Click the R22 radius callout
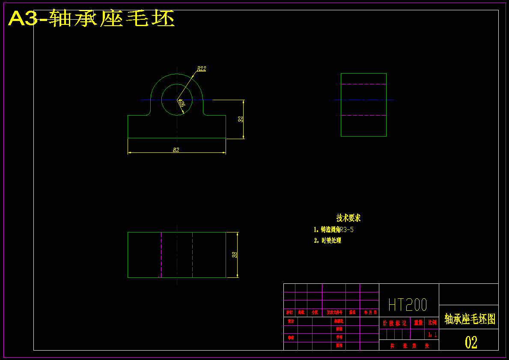tap(201, 68)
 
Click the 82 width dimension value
tap(176, 150)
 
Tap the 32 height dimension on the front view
tap(241, 119)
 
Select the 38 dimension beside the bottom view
tap(235, 255)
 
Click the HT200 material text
tap(408, 305)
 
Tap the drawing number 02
tap(471, 342)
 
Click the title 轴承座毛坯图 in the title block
tap(470, 319)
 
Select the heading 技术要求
tap(348, 218)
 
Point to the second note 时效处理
tap(331, 241)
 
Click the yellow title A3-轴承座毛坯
tap(92, 19)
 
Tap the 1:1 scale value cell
tap(432, 334)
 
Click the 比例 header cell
tap(432, 323)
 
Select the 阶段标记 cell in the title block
tap(395, 323)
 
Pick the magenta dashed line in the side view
tap(363, 84)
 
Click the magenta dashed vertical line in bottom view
tap(161, 255)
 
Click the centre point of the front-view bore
tap(177, 100)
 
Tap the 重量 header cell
tap(418, 323)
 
